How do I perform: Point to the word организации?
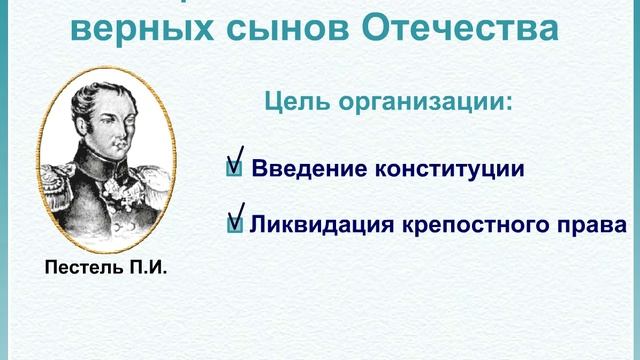coord(424,102)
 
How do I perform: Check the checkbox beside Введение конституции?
coord(234,169)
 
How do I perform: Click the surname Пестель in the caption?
coord(81,269)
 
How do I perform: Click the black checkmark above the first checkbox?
coord(237,153)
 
